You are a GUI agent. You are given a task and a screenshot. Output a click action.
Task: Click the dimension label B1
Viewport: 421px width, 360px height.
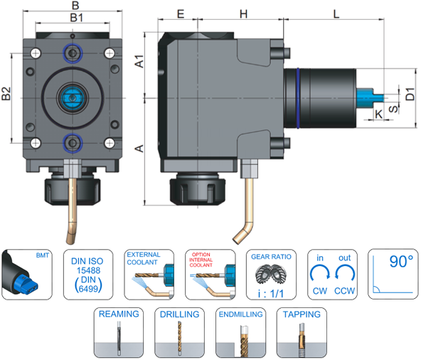tap(76, 18)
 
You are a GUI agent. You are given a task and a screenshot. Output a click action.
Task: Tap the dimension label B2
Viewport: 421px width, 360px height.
tap(6, 93)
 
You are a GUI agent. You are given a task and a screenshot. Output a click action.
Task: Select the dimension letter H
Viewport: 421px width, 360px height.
tap(243, 14)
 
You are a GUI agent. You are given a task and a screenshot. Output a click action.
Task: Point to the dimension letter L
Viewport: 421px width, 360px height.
tap(336, 14)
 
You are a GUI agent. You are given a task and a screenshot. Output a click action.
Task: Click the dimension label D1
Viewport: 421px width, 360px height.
tap(410, 94)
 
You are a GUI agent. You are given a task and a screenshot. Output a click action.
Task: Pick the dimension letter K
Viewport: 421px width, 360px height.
tap(378, 114)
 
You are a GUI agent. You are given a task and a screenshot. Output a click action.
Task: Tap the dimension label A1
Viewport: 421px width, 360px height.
tap(139, 61)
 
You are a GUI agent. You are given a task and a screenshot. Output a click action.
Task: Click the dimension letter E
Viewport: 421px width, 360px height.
tap(181, 14)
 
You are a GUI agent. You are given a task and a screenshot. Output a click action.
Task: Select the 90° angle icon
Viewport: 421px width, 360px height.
tap(393, 274)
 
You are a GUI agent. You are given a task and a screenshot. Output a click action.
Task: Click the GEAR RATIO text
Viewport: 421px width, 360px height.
tap(271, 257)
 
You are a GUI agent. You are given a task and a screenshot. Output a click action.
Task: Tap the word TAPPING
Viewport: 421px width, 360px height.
tap(302, 314)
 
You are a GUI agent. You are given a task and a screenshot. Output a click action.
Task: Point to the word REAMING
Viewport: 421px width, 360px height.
tap(119, 314)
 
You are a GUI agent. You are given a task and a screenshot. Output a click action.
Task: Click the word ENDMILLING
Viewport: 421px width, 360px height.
tap(240, 314)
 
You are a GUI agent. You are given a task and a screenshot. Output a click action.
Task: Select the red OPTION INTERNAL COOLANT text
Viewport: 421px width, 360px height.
tap(201, 260)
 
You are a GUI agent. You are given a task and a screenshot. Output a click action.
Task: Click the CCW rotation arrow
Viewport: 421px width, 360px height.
tap(345, 272)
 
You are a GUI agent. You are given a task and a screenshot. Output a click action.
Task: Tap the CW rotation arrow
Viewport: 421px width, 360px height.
tap(320, 272)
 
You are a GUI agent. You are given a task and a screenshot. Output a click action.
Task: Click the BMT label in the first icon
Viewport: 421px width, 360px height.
tap(43, 255)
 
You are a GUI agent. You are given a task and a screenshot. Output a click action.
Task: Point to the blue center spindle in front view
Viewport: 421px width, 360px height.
tap(72, 98)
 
